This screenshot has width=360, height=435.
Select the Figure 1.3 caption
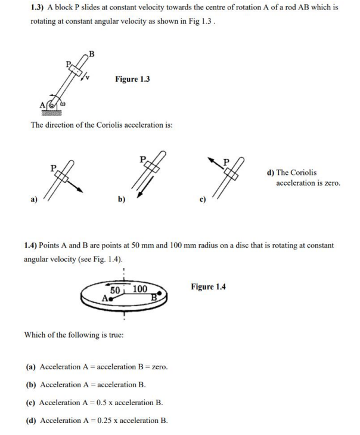(132, 79)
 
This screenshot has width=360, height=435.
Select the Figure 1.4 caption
(208, 287)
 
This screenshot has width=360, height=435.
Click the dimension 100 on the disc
(139, 289)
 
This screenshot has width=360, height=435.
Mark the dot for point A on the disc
(111, 298)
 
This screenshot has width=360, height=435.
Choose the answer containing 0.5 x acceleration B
(95, 402)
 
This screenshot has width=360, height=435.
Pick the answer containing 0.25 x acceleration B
(97, 420)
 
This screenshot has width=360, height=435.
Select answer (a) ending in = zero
(96, 366)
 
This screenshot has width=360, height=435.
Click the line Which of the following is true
(73, 335)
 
